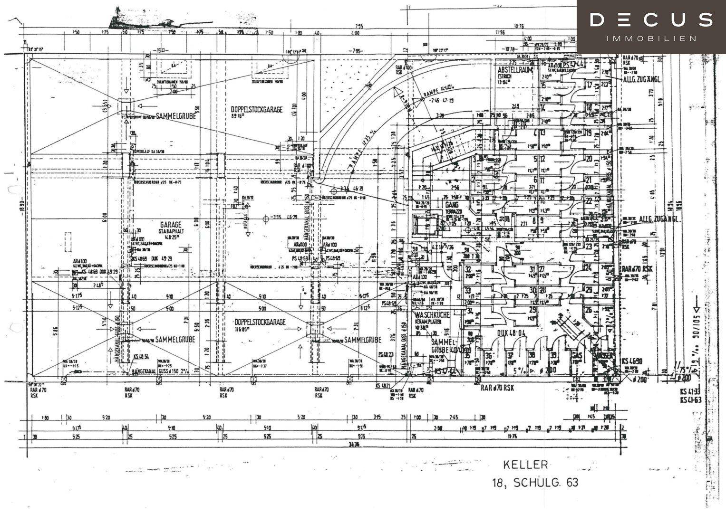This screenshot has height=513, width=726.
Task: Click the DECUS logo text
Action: point(651,20)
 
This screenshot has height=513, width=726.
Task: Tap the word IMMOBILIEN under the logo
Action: point(651,38)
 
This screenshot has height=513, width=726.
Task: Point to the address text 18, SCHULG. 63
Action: point(535,483)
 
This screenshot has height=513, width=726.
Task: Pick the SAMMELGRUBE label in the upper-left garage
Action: point(175,115)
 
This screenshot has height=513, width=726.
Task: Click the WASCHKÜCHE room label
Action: point(432,315)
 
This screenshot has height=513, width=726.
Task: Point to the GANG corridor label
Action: point(452,204)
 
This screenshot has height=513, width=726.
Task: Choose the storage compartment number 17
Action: point(590,85)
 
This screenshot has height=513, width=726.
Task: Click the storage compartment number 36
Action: point(488,356)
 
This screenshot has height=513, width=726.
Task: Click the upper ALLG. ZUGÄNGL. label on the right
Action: point(642,80)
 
